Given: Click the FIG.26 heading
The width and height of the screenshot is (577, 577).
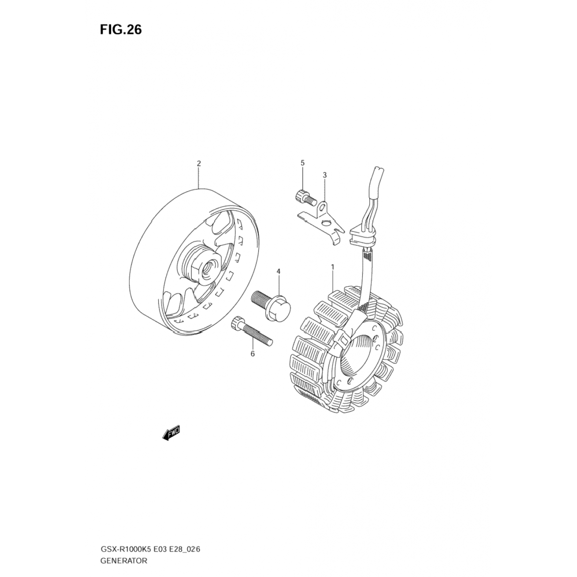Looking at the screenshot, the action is click(x=121, y=30).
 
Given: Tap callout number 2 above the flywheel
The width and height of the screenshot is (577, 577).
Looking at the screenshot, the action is click(x=198, y=163).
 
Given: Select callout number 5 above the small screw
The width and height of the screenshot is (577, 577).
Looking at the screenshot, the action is click(x=302, y=163).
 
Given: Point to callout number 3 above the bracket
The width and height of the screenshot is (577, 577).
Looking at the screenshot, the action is click(x=324, y=175).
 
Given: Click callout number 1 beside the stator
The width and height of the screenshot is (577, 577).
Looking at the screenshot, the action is click(x=332, y=267).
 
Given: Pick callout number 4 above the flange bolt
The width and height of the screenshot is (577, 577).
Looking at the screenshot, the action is click(x=278, y=272).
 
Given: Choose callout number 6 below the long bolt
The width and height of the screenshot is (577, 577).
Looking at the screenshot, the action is click(x=252, y=354).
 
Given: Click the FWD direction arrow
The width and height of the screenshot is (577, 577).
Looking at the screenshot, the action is click(x=170, y=434).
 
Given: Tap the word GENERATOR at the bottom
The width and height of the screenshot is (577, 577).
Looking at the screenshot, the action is click(x=123, y=561).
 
